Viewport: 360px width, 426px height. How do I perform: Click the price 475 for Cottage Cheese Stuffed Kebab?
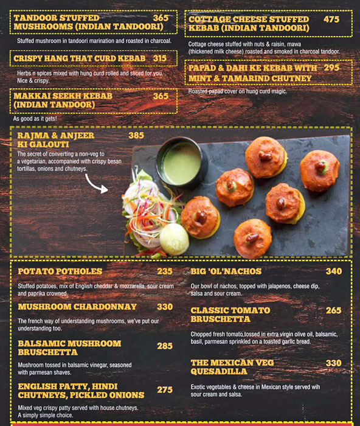(x=331, y=19)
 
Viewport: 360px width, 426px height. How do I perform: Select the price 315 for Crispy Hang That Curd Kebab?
(x=159, y=58)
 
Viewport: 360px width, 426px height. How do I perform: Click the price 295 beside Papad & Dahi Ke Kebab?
(x=331, y=68)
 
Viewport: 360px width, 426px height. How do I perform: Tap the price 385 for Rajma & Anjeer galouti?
(x=136, y=135)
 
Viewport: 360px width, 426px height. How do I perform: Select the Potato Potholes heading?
(x=60, y=271)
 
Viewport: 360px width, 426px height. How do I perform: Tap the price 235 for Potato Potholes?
(x=165, y=271)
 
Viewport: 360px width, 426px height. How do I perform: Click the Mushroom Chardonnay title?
(x=77, y=307)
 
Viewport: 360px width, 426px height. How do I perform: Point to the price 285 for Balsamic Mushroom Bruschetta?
(x=165, y=346)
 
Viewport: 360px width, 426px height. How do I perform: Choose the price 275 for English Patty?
(x=165, y=390)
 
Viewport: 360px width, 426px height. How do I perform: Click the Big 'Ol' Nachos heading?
(x=226, y=271)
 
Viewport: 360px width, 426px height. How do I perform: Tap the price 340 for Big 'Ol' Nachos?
(x=334, y=271)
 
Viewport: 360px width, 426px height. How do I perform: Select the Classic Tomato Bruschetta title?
(x=230, y=315)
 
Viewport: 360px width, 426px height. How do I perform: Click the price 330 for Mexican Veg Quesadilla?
(x=334, y=363)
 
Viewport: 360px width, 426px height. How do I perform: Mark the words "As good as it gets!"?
(x=35, y=119)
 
